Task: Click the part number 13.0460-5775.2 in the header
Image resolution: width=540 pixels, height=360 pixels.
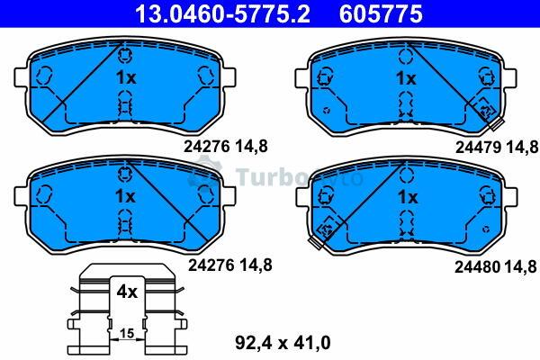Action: click(x=222, y=13)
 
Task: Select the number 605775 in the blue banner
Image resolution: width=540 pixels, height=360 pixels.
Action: click(x=381, y=13)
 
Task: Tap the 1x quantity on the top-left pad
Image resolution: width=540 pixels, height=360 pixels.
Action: click(x=126, y=77)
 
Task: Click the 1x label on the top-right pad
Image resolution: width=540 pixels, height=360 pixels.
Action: click(x=407, y=78)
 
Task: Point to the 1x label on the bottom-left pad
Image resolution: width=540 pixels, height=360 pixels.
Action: click(x=125, y=196)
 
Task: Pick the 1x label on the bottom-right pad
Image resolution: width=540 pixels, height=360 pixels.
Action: click(x=408, y=197)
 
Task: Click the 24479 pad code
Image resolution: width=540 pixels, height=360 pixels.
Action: click(x=479, y=148)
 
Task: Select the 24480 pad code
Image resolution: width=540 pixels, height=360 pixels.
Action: click(x=477, y=266)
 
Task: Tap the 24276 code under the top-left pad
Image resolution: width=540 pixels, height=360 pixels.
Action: click(x=207, y=147)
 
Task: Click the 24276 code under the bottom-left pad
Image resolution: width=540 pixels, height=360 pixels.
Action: click(x=211, y=265)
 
